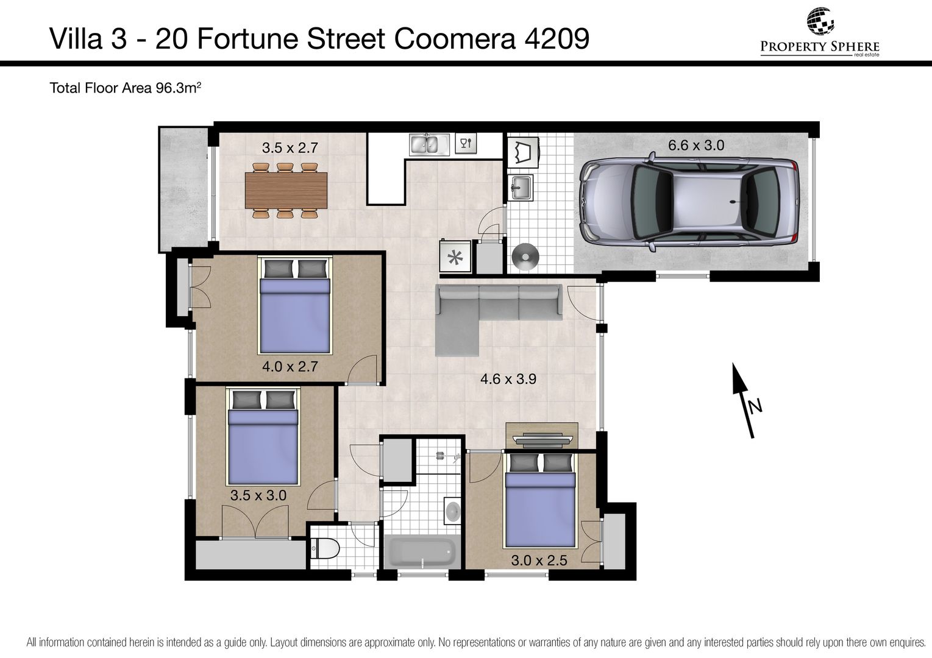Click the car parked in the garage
coord(689,202)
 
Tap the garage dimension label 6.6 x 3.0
coord(696,145)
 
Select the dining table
coord(286,191)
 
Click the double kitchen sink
coord(429,144)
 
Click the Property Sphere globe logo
coord(820,21)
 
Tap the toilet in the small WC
coord(325,548)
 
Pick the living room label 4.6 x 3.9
coord(508,379)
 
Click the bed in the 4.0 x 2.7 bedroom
coord(294,305)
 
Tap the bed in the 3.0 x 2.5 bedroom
coord(540,500)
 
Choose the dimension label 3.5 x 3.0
coord(258,495)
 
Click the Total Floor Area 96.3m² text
coord(125,88)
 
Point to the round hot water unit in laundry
coord(525,256)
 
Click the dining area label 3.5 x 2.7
coord(290,147)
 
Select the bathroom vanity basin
coord(452,511)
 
